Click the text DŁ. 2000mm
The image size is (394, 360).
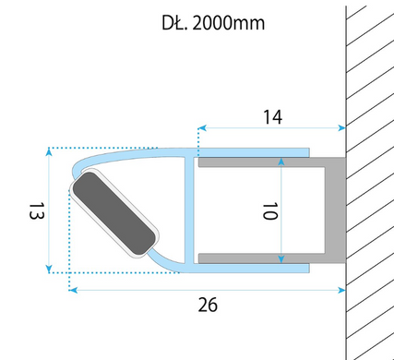213,23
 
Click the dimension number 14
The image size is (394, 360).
272,117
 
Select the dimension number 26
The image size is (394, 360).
208,305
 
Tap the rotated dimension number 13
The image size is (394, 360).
37,210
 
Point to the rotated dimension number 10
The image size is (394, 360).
270,210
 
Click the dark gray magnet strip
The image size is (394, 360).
114,213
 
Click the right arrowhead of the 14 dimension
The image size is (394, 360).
341,127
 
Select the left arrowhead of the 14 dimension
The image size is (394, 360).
202,127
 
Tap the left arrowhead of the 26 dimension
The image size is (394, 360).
73,290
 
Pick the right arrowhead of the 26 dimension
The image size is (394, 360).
341,290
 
